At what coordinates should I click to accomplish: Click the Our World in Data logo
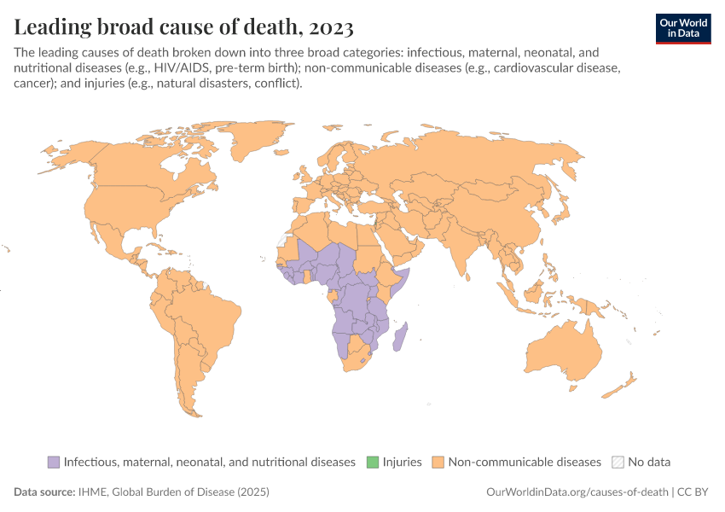click(682, 27)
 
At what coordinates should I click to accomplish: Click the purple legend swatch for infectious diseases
click(54, 462)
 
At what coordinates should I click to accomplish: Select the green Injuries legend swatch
click(373, 462)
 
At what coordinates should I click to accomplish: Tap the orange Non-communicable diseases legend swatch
click(438, 462)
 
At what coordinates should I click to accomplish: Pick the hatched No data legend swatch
click(618, 462)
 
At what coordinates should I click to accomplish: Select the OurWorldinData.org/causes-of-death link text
click(576, 492)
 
